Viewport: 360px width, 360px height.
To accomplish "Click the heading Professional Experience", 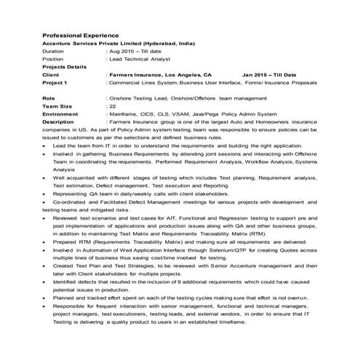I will point(81,35).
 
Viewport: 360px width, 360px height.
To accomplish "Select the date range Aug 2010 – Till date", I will point(136,52).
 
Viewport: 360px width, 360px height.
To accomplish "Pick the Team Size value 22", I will point(111,105).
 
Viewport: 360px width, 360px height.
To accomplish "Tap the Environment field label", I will point(60,113).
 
